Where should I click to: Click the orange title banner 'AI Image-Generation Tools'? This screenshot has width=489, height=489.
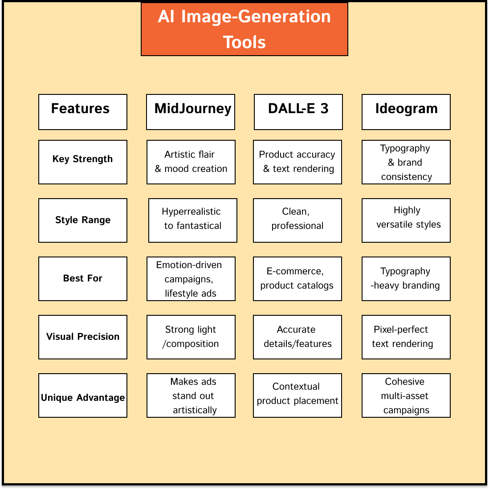(244, 29)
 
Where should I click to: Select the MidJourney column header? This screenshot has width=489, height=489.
(191, 112)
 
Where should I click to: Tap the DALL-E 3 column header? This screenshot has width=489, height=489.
(298, 112)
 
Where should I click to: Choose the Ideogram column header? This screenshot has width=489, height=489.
(406, 112)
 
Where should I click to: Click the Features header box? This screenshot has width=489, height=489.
(83, 112)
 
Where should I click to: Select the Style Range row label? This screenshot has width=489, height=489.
(83, 220)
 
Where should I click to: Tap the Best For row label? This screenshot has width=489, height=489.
(83, 279)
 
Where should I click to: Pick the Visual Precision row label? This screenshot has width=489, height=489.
(83, 337)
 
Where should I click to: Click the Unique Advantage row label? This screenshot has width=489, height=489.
(83, 395)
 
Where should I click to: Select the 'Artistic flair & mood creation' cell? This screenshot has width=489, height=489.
(191, 162)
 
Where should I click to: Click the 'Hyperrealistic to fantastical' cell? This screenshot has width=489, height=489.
(193, 220)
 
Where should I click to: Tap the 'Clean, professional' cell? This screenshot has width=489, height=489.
(297, 220)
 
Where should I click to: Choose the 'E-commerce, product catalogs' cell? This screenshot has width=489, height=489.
(297, 279)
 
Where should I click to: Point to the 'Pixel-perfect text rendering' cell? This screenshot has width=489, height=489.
(406, 337)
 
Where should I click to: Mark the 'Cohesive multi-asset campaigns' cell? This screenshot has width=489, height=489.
(406, 395)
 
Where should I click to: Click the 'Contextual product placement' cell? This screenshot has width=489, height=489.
(297, 395)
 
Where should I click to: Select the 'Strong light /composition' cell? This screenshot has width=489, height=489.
(191, 337)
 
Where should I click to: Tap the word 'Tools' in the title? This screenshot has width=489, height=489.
(244, 42)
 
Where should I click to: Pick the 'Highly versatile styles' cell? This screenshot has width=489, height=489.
(406, 220)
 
